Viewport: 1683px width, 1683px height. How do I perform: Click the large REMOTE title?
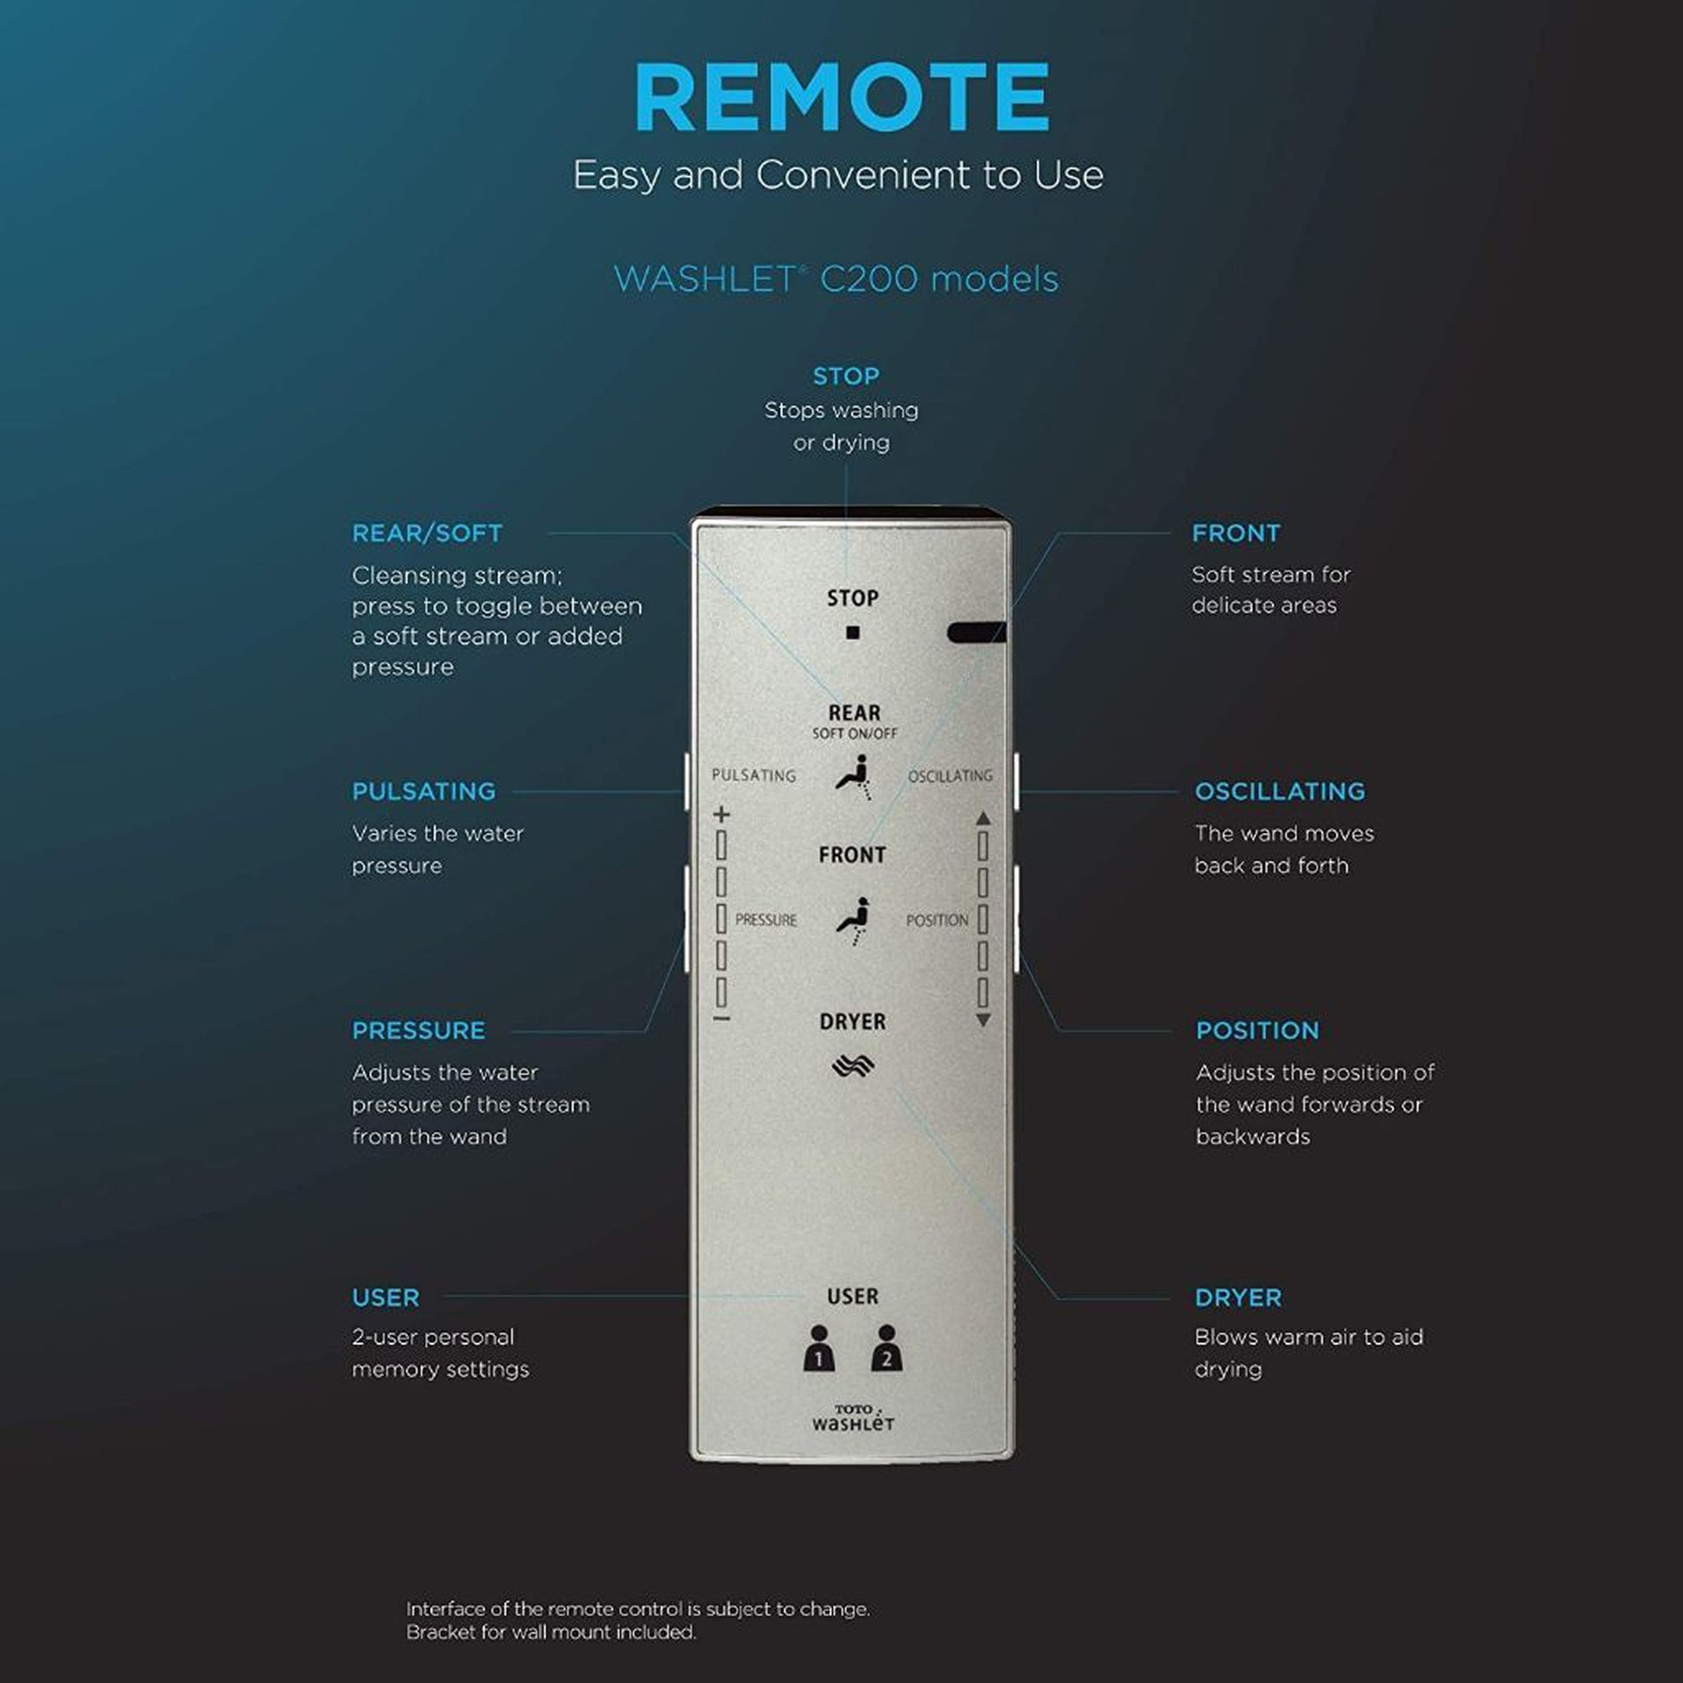(841, 97)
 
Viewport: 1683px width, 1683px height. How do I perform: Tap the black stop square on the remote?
(853, 633)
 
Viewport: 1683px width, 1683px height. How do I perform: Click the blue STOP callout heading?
(846, 376)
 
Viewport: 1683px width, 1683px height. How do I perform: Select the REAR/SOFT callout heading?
(427, 533)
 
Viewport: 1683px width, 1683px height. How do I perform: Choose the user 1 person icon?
(819, 1349)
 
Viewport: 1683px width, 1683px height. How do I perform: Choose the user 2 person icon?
(886, 1349)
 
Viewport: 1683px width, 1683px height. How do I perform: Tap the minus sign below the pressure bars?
(721, 1018)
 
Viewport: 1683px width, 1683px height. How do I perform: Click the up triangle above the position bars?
(983, 818)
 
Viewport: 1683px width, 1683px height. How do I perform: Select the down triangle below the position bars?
(983, 1020)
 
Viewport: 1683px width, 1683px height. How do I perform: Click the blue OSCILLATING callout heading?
(1280, 792)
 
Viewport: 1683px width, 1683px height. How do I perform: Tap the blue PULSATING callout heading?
(424, 792)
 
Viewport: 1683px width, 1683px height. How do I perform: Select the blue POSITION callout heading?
(1257, 1031)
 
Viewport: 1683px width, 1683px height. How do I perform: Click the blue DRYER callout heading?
(1238, 1298)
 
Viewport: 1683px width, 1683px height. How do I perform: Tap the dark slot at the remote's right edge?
(976, 631)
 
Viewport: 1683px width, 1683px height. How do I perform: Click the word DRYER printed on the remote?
(853, 1022)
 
